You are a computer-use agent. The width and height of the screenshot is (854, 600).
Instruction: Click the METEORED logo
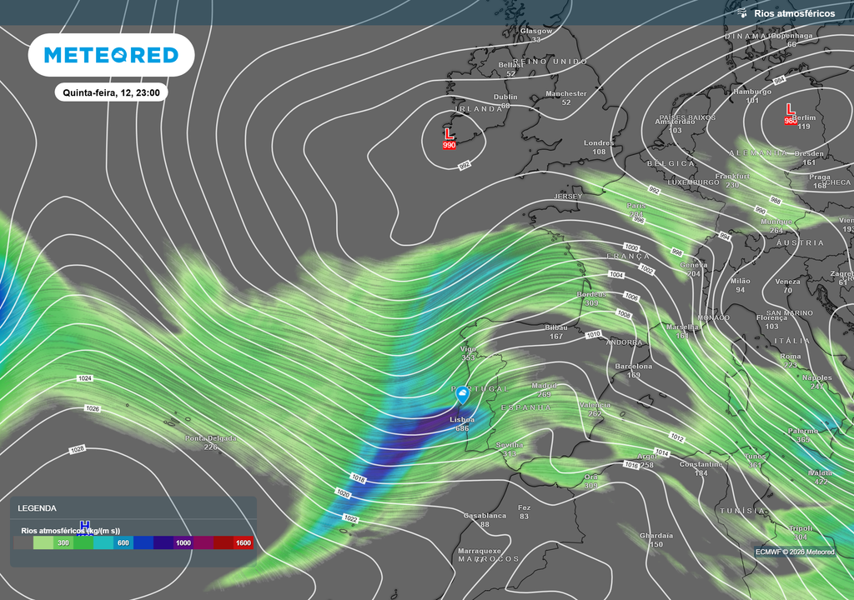click(111, 55)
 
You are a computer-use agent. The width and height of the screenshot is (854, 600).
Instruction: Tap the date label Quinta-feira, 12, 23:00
click(111, 93)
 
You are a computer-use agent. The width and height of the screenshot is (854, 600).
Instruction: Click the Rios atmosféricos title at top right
click(793, 13)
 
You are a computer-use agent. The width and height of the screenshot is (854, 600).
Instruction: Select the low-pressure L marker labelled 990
click(449, 134)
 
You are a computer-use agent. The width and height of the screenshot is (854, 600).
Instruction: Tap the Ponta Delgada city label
click(210, 438)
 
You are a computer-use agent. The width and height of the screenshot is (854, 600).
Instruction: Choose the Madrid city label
click(544, 386)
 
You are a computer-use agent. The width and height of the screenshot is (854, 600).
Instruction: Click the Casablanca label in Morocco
click(485, 516)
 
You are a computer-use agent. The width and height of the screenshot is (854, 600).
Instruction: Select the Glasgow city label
click(536, 31)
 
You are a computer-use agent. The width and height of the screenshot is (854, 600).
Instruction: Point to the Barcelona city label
click(633, 367)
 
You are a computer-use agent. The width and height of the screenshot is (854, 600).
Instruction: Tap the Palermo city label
click(803, 431)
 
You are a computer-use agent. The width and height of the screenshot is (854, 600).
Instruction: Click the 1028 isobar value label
click(78, 449)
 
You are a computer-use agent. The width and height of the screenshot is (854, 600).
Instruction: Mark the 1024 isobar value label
click(84, 378)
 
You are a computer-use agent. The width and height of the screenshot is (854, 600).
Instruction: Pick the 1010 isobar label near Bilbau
click(594, 334)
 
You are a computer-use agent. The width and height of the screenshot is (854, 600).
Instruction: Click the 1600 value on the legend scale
click(243, 542)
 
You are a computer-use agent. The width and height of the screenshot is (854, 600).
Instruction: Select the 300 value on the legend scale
click(63, 542)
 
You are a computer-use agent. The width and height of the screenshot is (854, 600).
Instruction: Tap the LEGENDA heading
click(38, 507)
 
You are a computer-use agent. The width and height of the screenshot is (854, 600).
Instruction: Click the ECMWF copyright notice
click(794, 552)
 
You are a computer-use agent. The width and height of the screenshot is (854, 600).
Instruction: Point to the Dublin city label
click(505, 97)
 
